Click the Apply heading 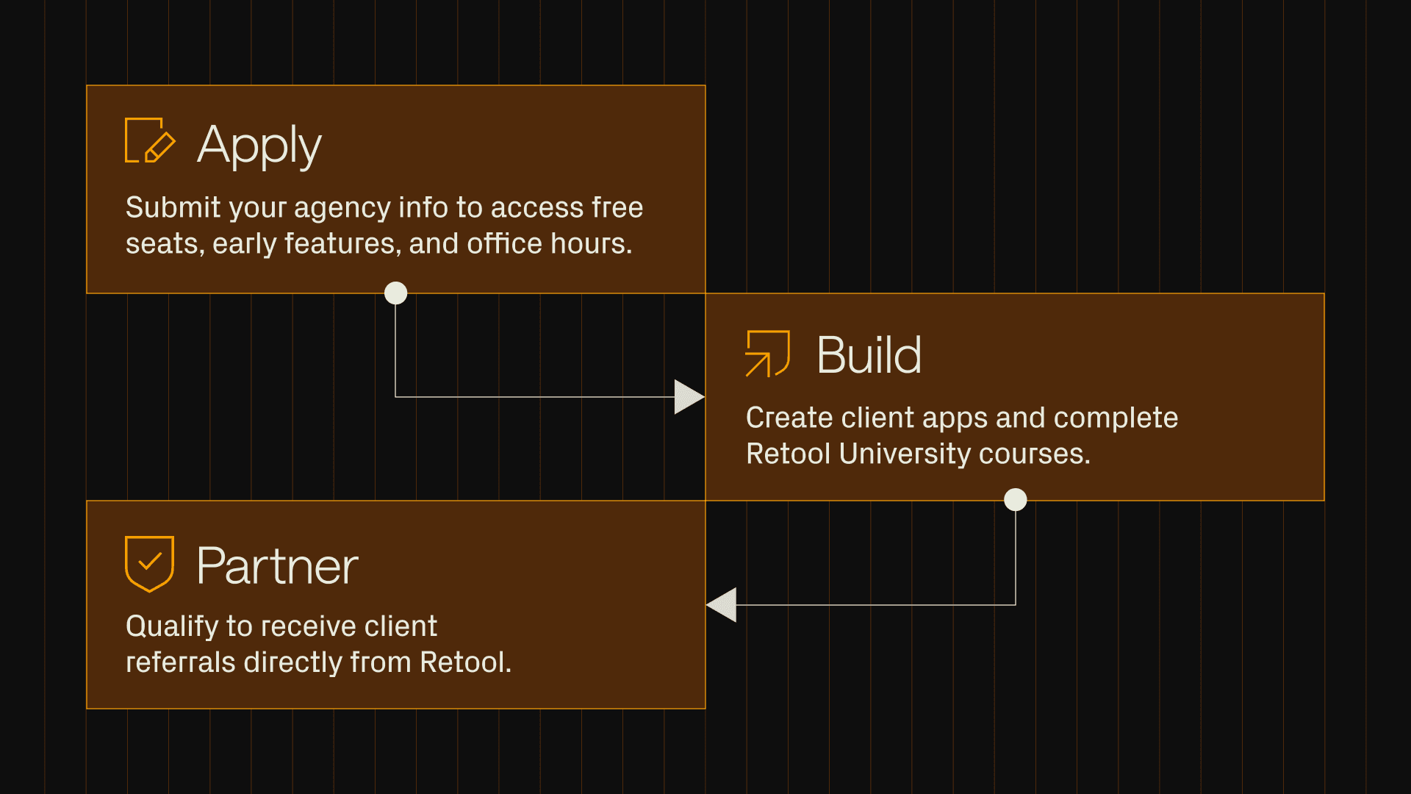pos(259,146)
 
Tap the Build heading pos(869,355)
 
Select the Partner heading pos(277,566)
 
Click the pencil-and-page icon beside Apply pos(150,140)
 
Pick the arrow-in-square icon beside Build pos(767,354)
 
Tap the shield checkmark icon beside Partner pos(149,563)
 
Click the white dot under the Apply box pos(395,293)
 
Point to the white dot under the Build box pos(1015,500)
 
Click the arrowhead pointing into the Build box pos(688,397)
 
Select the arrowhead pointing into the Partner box pos(722,605)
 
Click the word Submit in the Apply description pos(173,207)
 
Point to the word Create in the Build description pos(789,418)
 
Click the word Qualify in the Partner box pos(172,627)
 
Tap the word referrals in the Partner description pos(181,662)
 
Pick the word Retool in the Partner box pos(464,662)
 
